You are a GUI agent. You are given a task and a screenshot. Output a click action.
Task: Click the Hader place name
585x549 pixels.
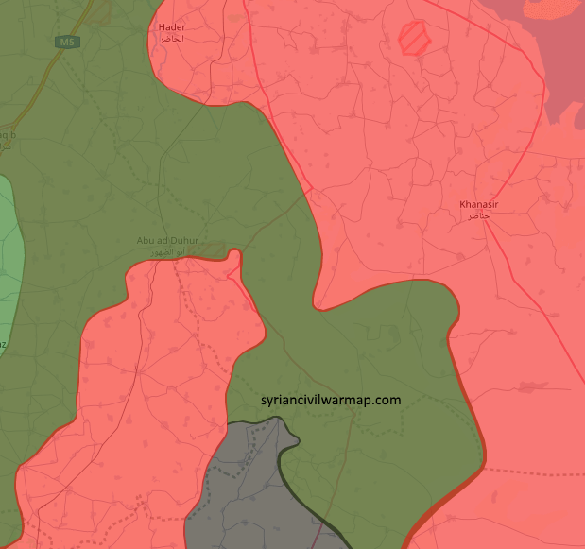coord(172,27)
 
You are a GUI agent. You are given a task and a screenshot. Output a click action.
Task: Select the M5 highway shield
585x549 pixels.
coord(67,43)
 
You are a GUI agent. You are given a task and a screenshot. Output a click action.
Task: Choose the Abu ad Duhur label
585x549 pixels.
coord(167,241)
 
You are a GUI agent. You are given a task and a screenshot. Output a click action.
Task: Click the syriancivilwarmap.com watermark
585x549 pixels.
coord(331,400)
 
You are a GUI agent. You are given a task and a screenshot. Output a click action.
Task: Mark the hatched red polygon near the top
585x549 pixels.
coord(415,39)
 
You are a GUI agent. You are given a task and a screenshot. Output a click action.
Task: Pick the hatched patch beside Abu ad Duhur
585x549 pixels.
coord(213,249)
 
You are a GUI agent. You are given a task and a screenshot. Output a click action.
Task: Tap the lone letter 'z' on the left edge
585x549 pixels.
coord(3,345)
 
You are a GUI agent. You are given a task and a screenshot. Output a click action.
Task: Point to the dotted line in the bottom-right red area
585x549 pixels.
coord(539,471)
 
